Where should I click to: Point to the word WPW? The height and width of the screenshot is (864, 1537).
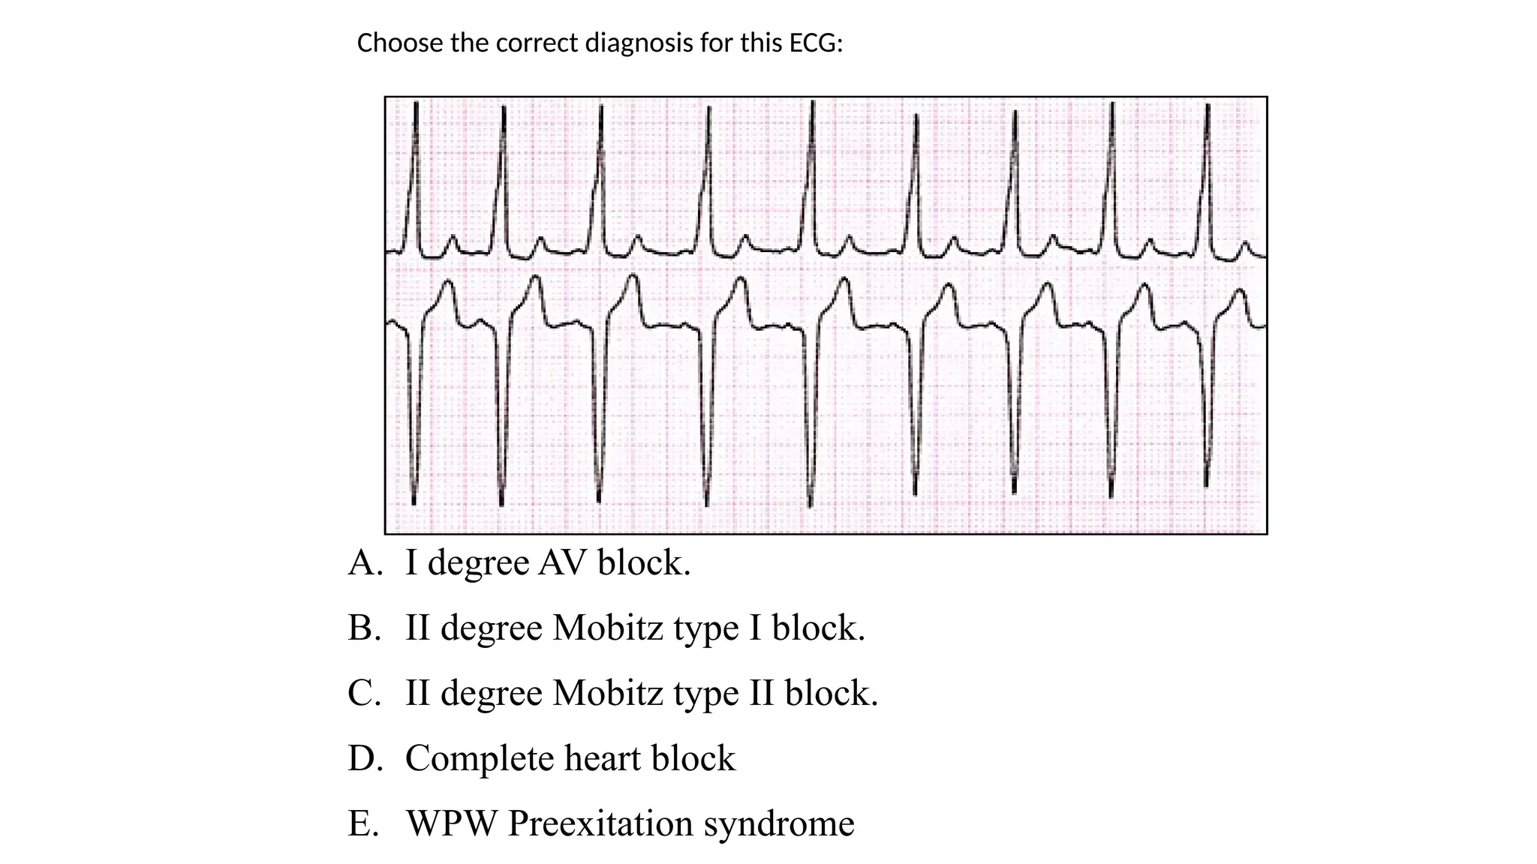pyautogui.click(x=451, y=823)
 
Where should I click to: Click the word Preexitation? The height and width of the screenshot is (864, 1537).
pyautogui.click(x=600, y=823)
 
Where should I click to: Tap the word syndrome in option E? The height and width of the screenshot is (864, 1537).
pyautogui.click(x=779, y=823)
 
